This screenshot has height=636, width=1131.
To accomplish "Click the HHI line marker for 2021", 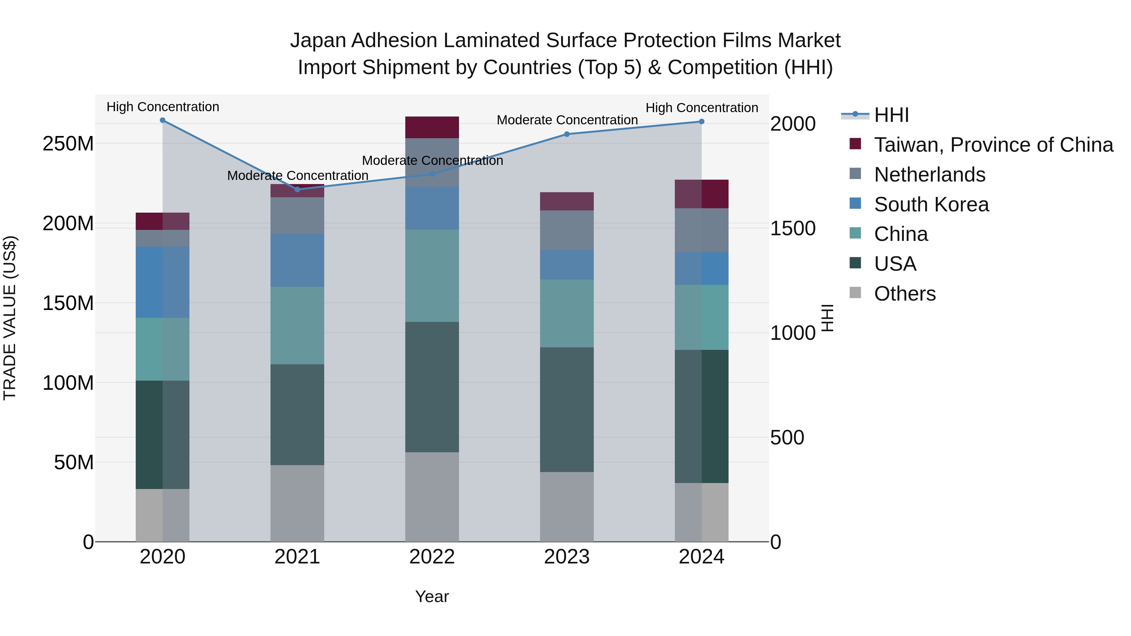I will (297, 189).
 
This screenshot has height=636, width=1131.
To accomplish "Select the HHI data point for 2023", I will (566, 134).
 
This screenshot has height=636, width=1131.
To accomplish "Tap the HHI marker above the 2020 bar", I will (162, 120).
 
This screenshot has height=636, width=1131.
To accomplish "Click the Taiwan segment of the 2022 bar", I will (432, 127).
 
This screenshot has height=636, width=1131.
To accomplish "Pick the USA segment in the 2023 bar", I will (566, 410).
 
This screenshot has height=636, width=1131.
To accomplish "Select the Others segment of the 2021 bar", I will (297, 503).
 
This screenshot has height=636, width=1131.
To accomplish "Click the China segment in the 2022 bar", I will (432, 276).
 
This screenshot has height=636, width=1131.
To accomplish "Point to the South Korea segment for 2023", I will (566, 265).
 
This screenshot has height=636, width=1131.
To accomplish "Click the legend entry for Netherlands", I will (930, 175).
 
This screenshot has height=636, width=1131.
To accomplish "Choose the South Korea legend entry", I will (931, 204).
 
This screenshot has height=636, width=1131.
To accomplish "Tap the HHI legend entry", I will (891, 115).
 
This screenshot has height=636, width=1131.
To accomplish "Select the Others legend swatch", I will (855, 292).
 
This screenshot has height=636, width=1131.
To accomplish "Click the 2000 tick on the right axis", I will (793, 124).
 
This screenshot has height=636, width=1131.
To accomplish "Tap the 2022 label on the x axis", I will (432, 557).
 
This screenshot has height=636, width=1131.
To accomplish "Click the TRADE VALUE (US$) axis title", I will (10, 318).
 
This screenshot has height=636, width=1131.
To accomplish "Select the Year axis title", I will (432, 596).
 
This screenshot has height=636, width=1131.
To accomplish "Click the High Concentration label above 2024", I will (701, 107).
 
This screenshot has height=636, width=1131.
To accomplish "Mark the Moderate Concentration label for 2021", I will (297, 176).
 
